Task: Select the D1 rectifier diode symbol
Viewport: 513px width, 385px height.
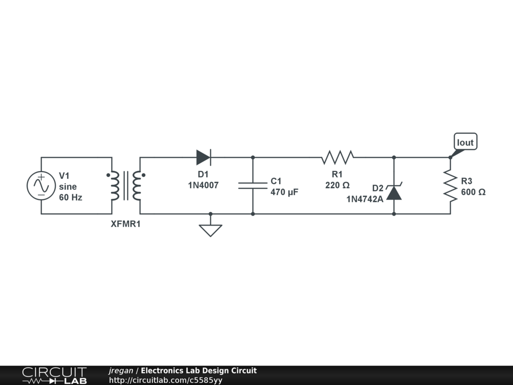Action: tap(203, 157)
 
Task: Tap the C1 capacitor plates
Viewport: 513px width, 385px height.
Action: tap(252, 185)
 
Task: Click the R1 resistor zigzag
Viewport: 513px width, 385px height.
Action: tap(338, 157)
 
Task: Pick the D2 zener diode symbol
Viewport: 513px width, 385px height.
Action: tap(394, 192)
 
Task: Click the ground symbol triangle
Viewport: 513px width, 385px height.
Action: tap(210, 230)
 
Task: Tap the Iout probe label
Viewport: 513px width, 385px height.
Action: tap(465, 142)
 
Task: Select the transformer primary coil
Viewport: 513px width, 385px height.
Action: tap(116, 186)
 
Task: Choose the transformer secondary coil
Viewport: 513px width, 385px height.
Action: tap(136, 186)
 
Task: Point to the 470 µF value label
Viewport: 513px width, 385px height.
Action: tap(285, 191)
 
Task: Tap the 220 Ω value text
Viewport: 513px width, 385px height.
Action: tap(337, 185)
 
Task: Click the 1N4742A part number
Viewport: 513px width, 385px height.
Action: tap(365, 199)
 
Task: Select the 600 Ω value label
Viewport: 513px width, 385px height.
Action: tap(473, 191)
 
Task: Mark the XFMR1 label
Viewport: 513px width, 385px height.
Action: tap(126, 224)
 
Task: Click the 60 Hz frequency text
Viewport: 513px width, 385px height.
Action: tap(71, 198)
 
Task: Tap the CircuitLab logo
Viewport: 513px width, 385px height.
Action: tap(54, 375)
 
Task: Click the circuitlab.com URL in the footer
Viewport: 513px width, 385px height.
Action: tap(165, 380)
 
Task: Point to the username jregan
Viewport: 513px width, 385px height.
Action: tap(121, 370)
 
